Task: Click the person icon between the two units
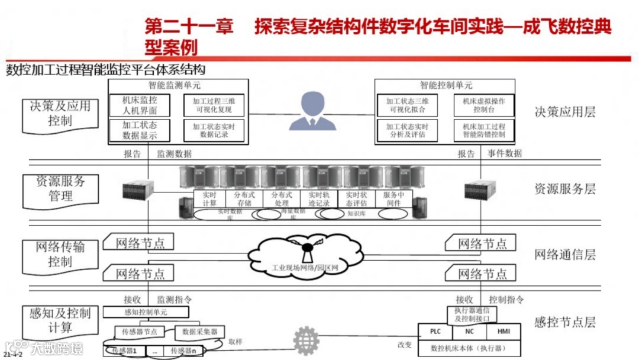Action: click(312, 111)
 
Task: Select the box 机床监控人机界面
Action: click(140, 105)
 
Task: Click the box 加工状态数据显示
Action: click(140, 130)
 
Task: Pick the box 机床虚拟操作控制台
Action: click(483, 105)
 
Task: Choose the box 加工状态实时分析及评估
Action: click(407, 130)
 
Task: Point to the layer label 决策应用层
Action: click(564, 112)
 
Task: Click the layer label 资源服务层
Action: click(564, 189)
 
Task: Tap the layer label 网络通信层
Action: click(564, 255)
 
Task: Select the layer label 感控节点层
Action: click(564, 322)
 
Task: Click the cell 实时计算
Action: click(209, 198)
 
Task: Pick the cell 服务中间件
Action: click(393, 198)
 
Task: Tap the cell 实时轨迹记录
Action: click(319, 198)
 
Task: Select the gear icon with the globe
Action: click(305, 340)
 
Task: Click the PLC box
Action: click(435, 332)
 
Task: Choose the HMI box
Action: click(504, 332)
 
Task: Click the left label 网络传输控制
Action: click(60, 253)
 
